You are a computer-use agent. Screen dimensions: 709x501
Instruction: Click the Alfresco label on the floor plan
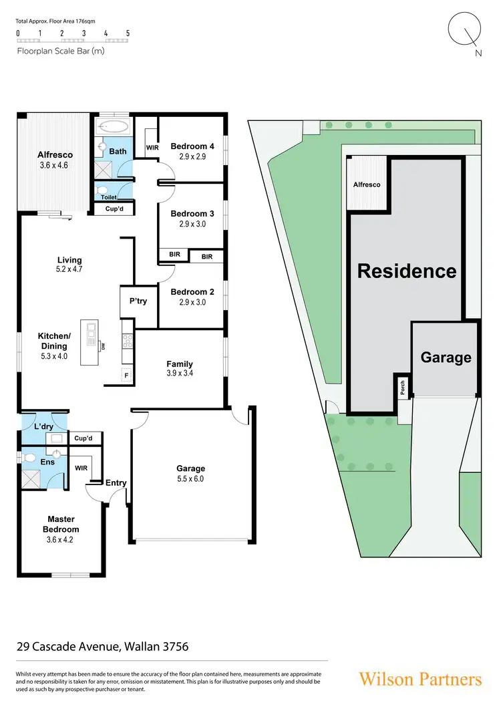pos(55,155)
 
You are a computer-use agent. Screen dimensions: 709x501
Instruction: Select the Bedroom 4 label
pos(192,146)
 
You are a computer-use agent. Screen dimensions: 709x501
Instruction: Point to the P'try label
pos(138,301)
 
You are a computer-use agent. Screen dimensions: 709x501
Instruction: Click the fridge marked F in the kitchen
pos(126,376)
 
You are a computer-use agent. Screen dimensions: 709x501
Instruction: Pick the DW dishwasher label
pos(103,345)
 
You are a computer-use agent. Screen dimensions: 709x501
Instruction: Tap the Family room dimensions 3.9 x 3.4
pos(180,374)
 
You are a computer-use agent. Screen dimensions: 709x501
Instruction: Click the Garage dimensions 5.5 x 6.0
pos(190,479)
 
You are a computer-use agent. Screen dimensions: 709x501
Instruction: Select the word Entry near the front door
pos(116,483)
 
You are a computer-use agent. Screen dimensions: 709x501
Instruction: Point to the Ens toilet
pos(29,458)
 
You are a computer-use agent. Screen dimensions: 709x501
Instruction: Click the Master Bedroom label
pos(61,524)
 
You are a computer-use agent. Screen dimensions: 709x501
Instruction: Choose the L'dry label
pos(45,425)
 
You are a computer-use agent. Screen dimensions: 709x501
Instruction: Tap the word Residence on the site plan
pos(407,271)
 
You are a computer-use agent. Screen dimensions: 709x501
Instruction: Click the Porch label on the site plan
pos(402,388)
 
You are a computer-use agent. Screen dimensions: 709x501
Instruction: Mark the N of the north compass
pos(478,54)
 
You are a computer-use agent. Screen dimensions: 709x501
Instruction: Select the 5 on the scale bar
pos(128,33)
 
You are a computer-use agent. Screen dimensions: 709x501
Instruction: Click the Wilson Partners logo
pos(420,679)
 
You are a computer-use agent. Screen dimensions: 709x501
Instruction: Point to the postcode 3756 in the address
pos(174,647)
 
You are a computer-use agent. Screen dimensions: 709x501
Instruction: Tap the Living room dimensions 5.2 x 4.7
pos(69,269)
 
